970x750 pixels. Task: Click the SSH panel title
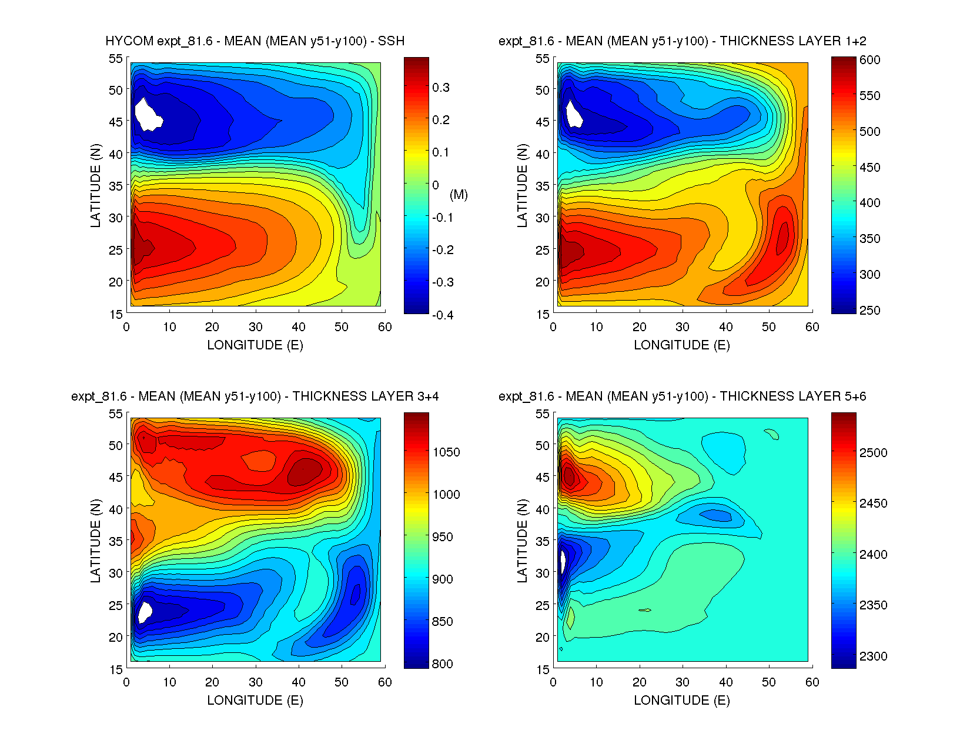(x=255, y=41)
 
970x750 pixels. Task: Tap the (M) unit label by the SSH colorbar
(x=459, y=195)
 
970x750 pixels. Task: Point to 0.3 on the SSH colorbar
(x=441, y=88)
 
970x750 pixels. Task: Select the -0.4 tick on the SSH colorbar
(x=443, y=315)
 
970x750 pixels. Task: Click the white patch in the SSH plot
(x=148, y=115)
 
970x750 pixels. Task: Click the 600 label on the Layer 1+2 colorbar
(x=869, y=60)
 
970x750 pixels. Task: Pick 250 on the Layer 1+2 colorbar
(x=869, y=310)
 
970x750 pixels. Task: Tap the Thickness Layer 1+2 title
(x=682, y=41)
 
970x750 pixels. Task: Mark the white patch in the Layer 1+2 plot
(x=573, y=114)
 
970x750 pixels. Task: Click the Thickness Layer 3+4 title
(x=255, y=396)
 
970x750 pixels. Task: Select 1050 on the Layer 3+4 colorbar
(x=446, y=452)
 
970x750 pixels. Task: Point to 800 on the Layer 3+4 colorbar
(x=443, y=664)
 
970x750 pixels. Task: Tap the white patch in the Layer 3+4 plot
(x=144, y=611)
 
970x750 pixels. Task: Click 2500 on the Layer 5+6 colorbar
(x=873, y=452)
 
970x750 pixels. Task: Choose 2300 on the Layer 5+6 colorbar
(x=873, y=656)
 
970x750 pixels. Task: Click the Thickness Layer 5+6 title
(x=682, y=396)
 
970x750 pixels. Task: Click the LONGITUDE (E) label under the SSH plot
(x=255, y=345)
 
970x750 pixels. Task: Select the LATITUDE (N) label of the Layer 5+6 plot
(x=522, y=541)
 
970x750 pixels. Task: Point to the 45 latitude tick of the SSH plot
(x=115, y=122)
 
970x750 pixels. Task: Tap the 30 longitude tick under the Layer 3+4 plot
(x=255, y=682)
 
